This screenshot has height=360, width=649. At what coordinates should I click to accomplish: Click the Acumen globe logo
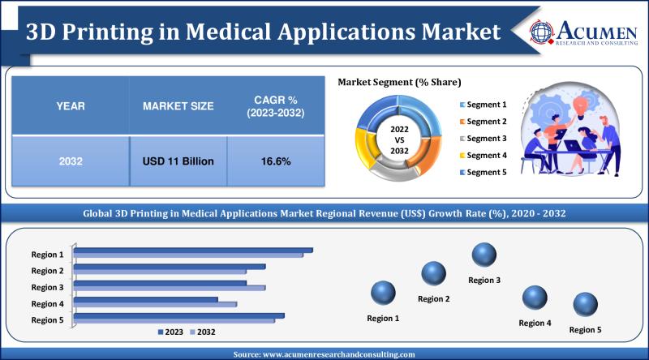(x=543, y=31)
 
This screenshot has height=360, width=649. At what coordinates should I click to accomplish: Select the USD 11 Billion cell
(x=178, y=161)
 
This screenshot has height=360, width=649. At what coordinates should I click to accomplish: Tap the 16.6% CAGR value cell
(x=275, y=161)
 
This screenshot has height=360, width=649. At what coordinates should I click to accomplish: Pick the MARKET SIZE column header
(x=178, y=106)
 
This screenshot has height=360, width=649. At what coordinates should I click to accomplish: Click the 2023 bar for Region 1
(x=194, y=251)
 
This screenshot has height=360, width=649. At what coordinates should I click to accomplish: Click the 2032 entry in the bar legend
(x=202, y=332)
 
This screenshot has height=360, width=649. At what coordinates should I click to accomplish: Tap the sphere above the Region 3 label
(x=484, y=255)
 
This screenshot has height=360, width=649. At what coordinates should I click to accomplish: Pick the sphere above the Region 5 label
(x=585, y=305)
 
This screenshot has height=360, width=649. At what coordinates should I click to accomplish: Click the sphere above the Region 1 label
(x=383, y=293)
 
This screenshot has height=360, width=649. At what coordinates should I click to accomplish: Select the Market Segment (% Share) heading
(x=399, y=82)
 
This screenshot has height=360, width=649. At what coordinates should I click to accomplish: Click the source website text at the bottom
(x=324, y=354)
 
